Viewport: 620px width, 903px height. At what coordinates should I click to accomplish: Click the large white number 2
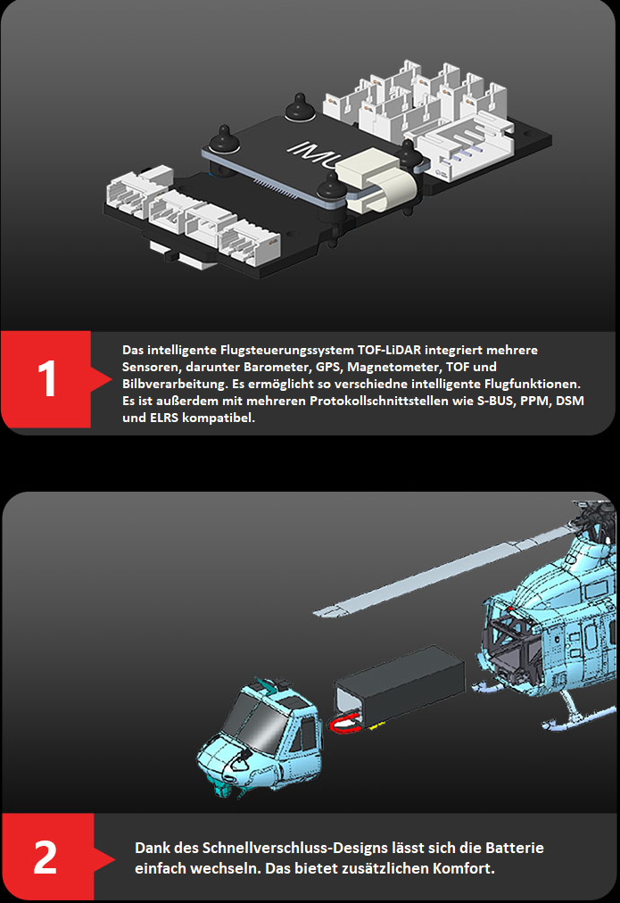[45, 857]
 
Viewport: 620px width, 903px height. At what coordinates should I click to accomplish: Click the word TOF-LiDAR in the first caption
[389, 350]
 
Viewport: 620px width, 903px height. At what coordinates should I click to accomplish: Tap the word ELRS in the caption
[164, 418]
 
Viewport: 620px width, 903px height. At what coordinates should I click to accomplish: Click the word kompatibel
[219, 418]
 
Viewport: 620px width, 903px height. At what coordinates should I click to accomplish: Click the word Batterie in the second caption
[515, 848]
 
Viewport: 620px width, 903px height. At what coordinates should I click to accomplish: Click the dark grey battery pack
[400, 684]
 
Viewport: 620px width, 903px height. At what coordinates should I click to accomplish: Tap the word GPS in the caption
[328, 367]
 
